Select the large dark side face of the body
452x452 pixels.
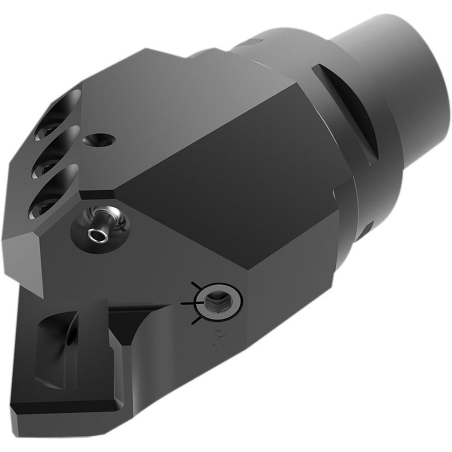(226, 181)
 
